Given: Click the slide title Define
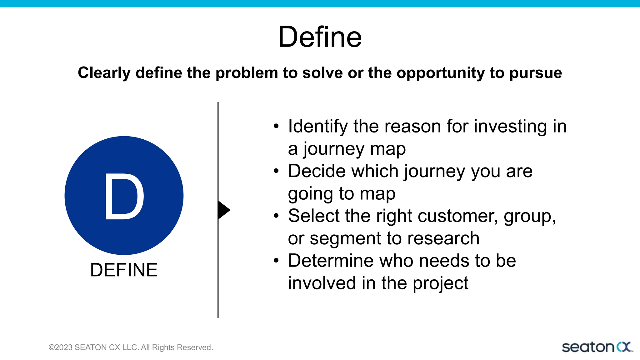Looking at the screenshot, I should coord(320,37).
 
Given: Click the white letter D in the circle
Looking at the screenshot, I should coord(124,196).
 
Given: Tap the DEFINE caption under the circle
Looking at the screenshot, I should coord(124,270).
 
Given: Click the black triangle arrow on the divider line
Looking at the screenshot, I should coord(223,210).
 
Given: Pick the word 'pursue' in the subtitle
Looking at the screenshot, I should coord(535,73).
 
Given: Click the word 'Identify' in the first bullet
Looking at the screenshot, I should coord(318,127).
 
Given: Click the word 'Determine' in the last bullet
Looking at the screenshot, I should coord(331,261).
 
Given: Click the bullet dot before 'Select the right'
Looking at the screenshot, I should coord(276,216).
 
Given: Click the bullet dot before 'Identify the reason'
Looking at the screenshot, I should coord(276,127).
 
